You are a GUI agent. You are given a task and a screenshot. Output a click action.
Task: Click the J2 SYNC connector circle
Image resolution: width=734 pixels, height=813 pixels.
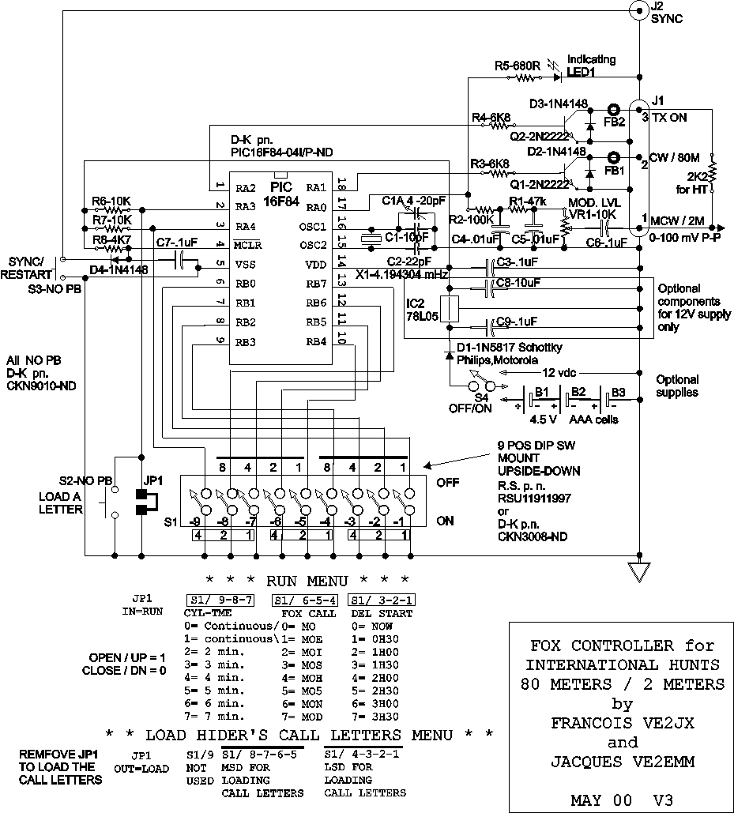click(638, 10)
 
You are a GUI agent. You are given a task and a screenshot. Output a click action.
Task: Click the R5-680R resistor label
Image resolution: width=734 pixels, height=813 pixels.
click(518, 66)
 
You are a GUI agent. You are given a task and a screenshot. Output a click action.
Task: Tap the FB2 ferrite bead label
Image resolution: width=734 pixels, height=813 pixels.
click(614, 123)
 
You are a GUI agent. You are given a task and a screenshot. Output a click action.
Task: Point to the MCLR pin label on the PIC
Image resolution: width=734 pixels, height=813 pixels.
click(247, 244)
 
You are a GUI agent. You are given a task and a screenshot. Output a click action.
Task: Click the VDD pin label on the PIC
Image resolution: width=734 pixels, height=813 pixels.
click(316, 264)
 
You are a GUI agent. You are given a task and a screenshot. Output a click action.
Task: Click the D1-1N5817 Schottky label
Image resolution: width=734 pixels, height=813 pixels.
click(496, 348)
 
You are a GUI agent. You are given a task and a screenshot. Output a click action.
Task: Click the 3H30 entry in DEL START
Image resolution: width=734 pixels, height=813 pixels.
click(378, 717)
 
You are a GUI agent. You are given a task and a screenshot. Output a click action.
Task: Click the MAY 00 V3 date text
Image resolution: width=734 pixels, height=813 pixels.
click(623, 800)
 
